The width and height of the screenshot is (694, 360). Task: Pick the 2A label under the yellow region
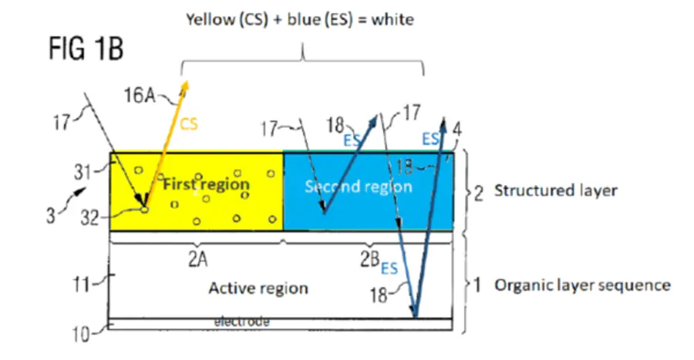(x=197, y=259)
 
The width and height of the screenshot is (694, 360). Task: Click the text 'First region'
(x=205, y=185)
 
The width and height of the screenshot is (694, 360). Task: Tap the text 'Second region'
(x=359, y=187)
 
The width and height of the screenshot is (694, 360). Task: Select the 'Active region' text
(x=258, y=288)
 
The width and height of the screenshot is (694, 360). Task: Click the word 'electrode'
(x=241, y=322)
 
